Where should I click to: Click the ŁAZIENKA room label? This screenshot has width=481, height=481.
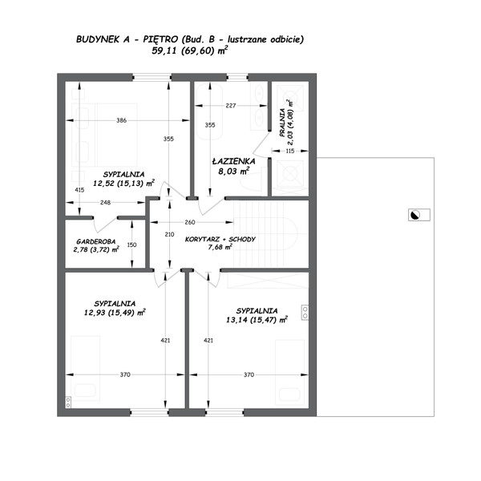click(x=234, y=161)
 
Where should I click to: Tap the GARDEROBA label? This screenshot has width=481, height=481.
click(x=95, y=241)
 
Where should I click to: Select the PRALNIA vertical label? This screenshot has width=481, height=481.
click(x=282, y=123)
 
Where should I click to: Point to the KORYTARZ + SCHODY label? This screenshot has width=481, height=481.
click(x=220, y=239)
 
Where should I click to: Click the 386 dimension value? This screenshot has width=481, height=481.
click(x=122, y=120)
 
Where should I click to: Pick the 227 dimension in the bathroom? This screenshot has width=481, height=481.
click(x=231, y=106)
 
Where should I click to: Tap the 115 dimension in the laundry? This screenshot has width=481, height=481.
click(x=290, y=151)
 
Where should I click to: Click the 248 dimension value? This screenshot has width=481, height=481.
click(x=105, y=203)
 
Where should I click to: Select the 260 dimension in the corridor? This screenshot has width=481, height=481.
click(x=190, y=222)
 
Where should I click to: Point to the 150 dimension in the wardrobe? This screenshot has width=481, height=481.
click(x=132, y=245)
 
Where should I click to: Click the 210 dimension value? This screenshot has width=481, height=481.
click(x=169, y=234)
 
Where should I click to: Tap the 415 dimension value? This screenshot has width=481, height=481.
click(x=79, y=190)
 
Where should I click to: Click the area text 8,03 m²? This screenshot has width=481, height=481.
click(x=234, y=172)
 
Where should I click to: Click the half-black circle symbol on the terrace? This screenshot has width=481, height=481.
click(x=415, y=215)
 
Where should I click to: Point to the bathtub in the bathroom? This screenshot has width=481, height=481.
click(x=209, y=111)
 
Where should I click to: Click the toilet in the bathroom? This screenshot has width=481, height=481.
click(x=253, y=183)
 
